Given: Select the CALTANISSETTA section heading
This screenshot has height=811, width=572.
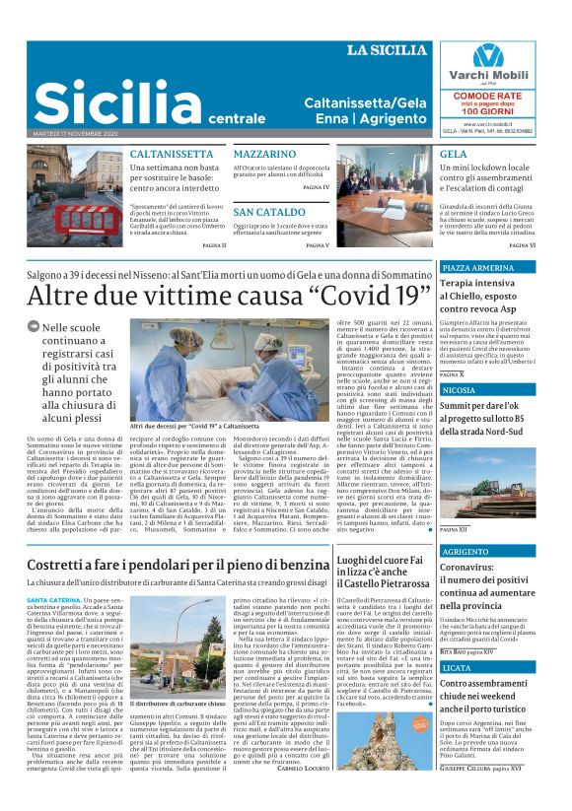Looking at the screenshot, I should coord(172,156).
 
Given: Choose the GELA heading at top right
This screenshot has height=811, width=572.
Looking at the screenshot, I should coord(454,156).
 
